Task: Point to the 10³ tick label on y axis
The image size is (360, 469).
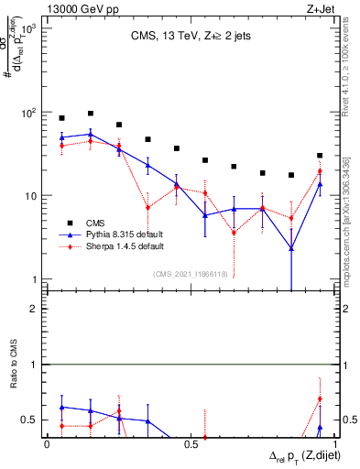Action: coord(28,28)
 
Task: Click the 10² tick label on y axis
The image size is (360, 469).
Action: coord(28,113)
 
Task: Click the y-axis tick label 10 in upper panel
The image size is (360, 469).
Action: coord(30,196)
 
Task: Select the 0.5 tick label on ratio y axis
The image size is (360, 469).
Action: coord(30,420)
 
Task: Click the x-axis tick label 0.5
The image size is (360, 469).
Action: coord(191,445)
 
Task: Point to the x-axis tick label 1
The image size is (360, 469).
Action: coord(333,445)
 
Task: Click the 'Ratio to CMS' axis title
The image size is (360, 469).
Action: coord(13,387)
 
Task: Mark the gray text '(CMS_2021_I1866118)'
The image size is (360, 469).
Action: coord(188,274)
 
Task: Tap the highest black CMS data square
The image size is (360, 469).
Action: coord(91,114)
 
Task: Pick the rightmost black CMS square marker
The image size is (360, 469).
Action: coord(320,156)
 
